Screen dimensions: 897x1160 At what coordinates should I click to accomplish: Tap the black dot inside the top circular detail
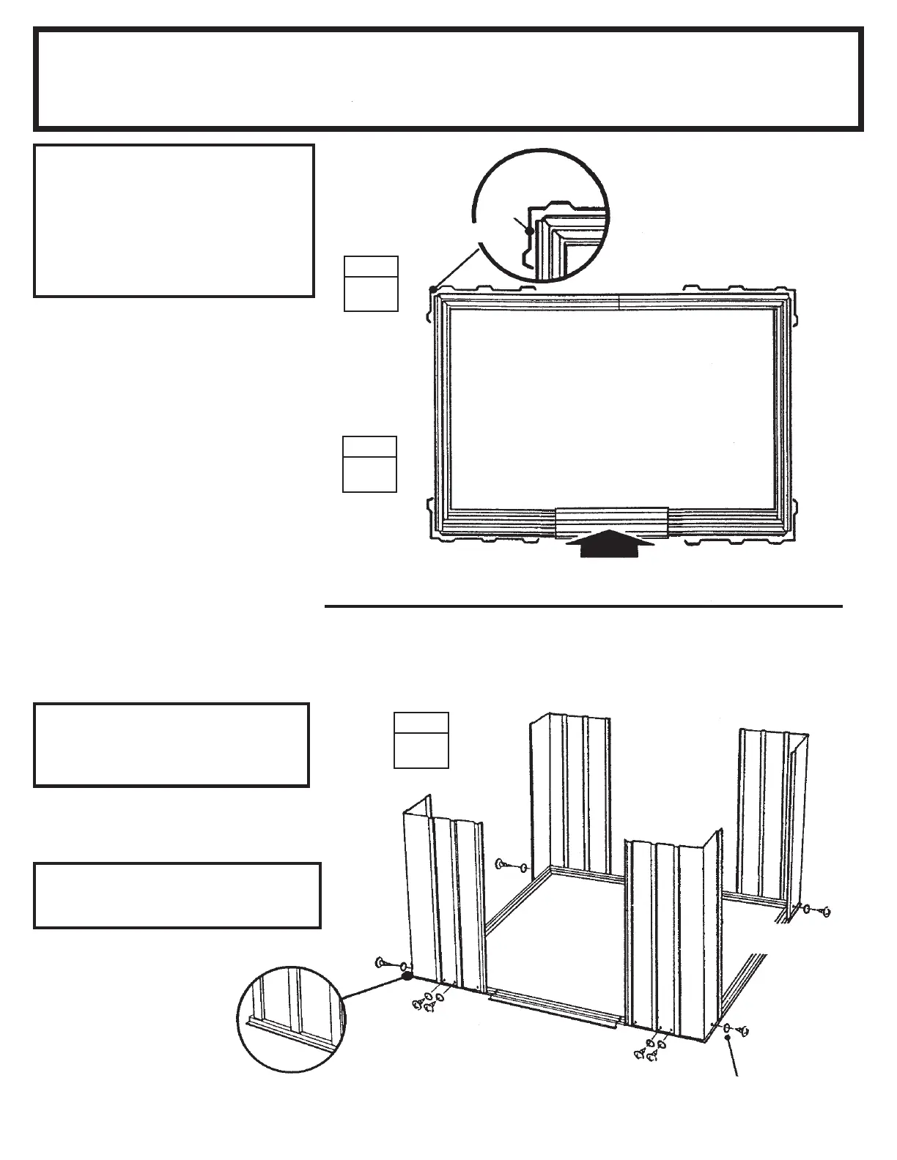coord(528,230)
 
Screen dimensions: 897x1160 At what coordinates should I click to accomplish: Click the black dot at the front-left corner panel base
coord(407,977)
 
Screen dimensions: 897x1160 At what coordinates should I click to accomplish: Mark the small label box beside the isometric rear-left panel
coord(421,740)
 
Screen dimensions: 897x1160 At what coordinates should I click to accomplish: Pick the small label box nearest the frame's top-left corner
coord(372,283)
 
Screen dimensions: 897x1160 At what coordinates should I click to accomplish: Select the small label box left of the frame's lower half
coord(370,464)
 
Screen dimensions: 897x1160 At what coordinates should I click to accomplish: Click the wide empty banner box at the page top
coord(448,78)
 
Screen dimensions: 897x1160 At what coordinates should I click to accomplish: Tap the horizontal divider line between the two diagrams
coord(583,606)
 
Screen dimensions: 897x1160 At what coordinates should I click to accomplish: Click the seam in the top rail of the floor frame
coord(620,302)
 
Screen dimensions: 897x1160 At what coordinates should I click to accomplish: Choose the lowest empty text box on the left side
coord(177,895)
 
